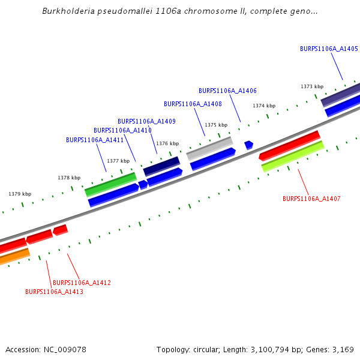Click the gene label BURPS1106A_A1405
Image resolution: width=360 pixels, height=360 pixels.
(329, 49)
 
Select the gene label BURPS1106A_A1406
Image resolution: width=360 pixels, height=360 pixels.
(227, 91)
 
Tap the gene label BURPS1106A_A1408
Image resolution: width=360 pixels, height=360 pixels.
(193, 104)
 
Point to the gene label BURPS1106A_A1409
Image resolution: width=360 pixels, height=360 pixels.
(146, 121)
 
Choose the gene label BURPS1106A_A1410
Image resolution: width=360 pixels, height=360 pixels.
(122, 130)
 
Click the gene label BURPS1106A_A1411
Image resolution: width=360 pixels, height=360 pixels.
(95, 140)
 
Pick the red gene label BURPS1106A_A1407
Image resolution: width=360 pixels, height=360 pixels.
(311, 199)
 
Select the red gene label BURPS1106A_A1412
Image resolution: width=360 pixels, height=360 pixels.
(82, 283)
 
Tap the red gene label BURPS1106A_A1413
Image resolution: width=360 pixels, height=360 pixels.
(54, 292)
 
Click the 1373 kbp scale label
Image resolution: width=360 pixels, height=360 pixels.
(312, 86)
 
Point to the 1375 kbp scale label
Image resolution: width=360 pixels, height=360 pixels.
(216, 125)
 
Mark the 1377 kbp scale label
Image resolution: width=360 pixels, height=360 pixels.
(118, 161)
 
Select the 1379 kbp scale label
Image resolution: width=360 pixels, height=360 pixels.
(20, 194)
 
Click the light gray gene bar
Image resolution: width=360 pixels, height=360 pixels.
(209, 147)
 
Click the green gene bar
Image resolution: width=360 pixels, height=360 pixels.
(111, 184)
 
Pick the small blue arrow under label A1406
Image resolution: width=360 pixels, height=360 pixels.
(248, 145)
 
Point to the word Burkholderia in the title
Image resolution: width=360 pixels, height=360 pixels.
(67, 11)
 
